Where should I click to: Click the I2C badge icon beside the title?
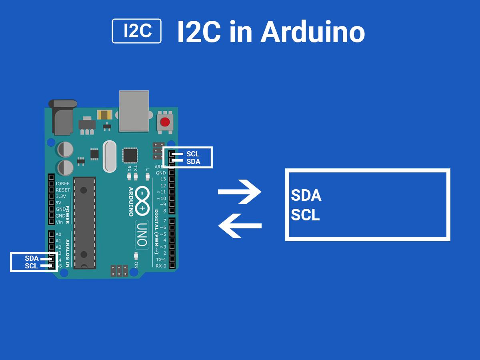pos(136,31)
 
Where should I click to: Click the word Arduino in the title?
pos(312,32)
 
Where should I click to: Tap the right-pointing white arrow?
pos(240,192)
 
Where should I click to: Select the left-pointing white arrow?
pos(240,226)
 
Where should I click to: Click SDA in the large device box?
pos(306,196)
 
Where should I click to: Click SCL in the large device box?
pos(305,215)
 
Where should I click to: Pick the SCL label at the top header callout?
pos(193,154)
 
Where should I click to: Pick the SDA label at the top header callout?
pos(193,162)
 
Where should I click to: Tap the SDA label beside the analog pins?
pos(32,258)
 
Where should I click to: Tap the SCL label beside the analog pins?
pos(31,266)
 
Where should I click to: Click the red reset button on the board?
pos(164,122)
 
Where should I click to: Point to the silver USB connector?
pos(134,110)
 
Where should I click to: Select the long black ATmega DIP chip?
pos(85,222)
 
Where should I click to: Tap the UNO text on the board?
pos(142,234)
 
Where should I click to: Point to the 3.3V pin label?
pos(61,196)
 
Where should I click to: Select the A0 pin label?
pos(58,234)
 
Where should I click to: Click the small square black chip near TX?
pos(130,155)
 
